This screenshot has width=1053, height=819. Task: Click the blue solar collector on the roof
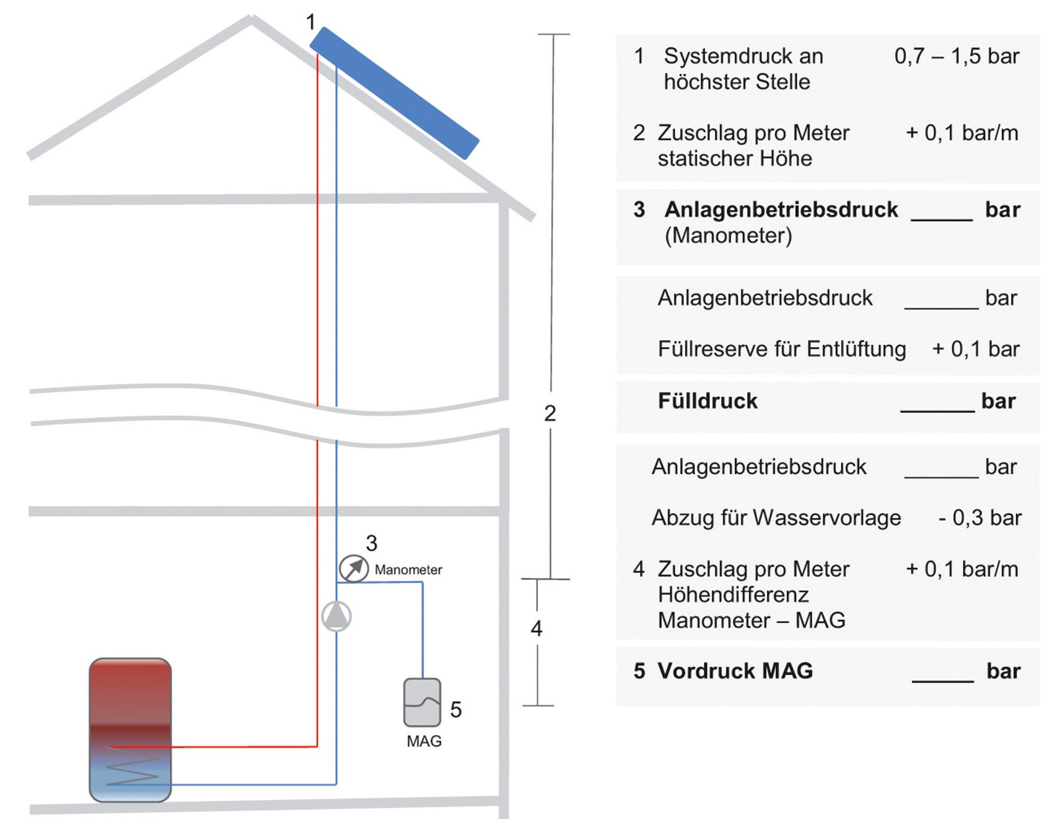(394, 93)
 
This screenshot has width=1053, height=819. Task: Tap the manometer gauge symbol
(353, 569)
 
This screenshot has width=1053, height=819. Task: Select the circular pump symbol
(337, 616)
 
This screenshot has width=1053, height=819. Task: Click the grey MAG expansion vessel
(422, 702)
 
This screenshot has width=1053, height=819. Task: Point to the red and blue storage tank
(131, 729)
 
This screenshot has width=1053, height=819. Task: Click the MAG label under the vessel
(424, 742)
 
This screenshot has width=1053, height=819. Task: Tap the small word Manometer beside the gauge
(408, 570)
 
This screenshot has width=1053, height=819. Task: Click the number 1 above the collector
(311, 22)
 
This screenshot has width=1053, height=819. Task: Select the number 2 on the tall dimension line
(550, 413)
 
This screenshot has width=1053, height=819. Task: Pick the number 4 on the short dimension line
(536, 628)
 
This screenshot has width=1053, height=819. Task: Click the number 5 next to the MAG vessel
(456, 709)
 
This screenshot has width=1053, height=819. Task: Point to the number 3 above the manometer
(371, 543)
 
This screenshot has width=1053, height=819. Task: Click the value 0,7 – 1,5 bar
(957, 56)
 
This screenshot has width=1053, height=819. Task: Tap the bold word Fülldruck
(708, 401)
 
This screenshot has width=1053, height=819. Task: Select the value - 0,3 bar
(980, 518)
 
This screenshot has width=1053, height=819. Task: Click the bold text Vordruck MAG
(735, 671)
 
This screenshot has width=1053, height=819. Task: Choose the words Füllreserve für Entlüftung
(782, 349)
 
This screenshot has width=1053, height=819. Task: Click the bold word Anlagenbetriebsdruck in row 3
(781, 210)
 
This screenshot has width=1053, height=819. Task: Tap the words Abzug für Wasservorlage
(776, 518)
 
